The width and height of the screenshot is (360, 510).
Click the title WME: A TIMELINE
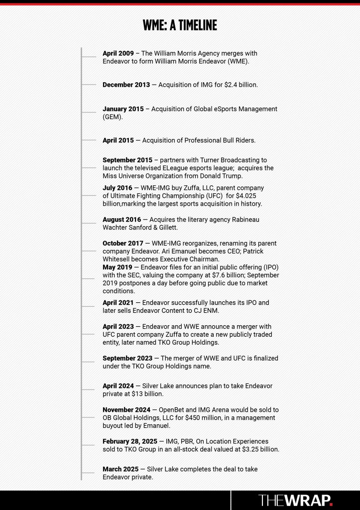180,25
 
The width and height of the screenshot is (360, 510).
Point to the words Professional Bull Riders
219,140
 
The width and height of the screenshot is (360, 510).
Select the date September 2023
127,358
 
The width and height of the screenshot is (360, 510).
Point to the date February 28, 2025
130,441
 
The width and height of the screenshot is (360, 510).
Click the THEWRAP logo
295,500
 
